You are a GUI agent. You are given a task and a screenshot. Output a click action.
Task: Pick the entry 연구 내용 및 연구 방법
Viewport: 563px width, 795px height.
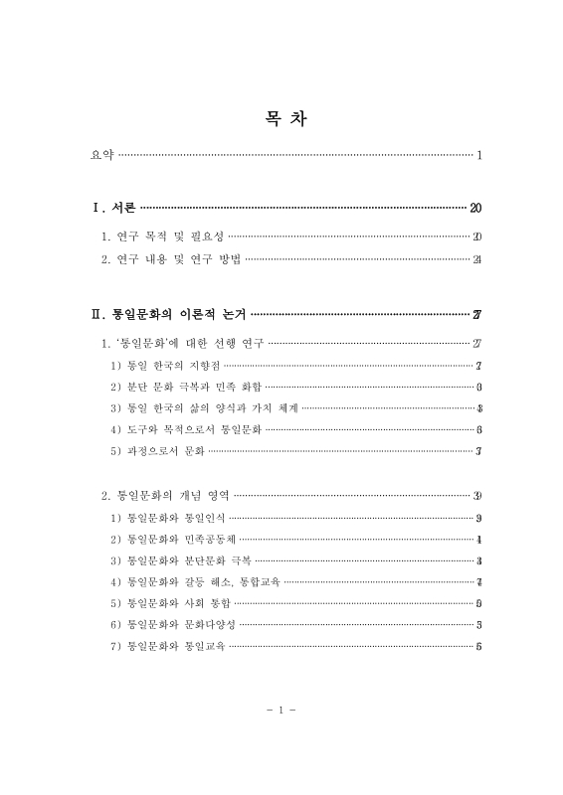click(171, 260)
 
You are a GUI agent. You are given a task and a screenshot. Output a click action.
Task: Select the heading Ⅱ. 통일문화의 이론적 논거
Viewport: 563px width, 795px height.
click(169, 315)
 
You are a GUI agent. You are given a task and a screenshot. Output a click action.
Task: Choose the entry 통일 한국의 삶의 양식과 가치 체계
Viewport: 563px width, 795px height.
click(205, 408)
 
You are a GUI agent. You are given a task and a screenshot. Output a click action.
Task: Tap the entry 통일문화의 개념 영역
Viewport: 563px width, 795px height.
click(166, 495)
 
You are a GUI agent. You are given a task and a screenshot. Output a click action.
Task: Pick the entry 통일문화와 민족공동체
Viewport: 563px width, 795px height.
click(174, 539)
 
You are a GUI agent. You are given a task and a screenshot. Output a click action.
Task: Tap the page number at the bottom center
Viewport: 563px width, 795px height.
click(281, 711)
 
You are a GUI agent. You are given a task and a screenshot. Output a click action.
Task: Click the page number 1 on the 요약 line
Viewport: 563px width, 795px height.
click(478, 155)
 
